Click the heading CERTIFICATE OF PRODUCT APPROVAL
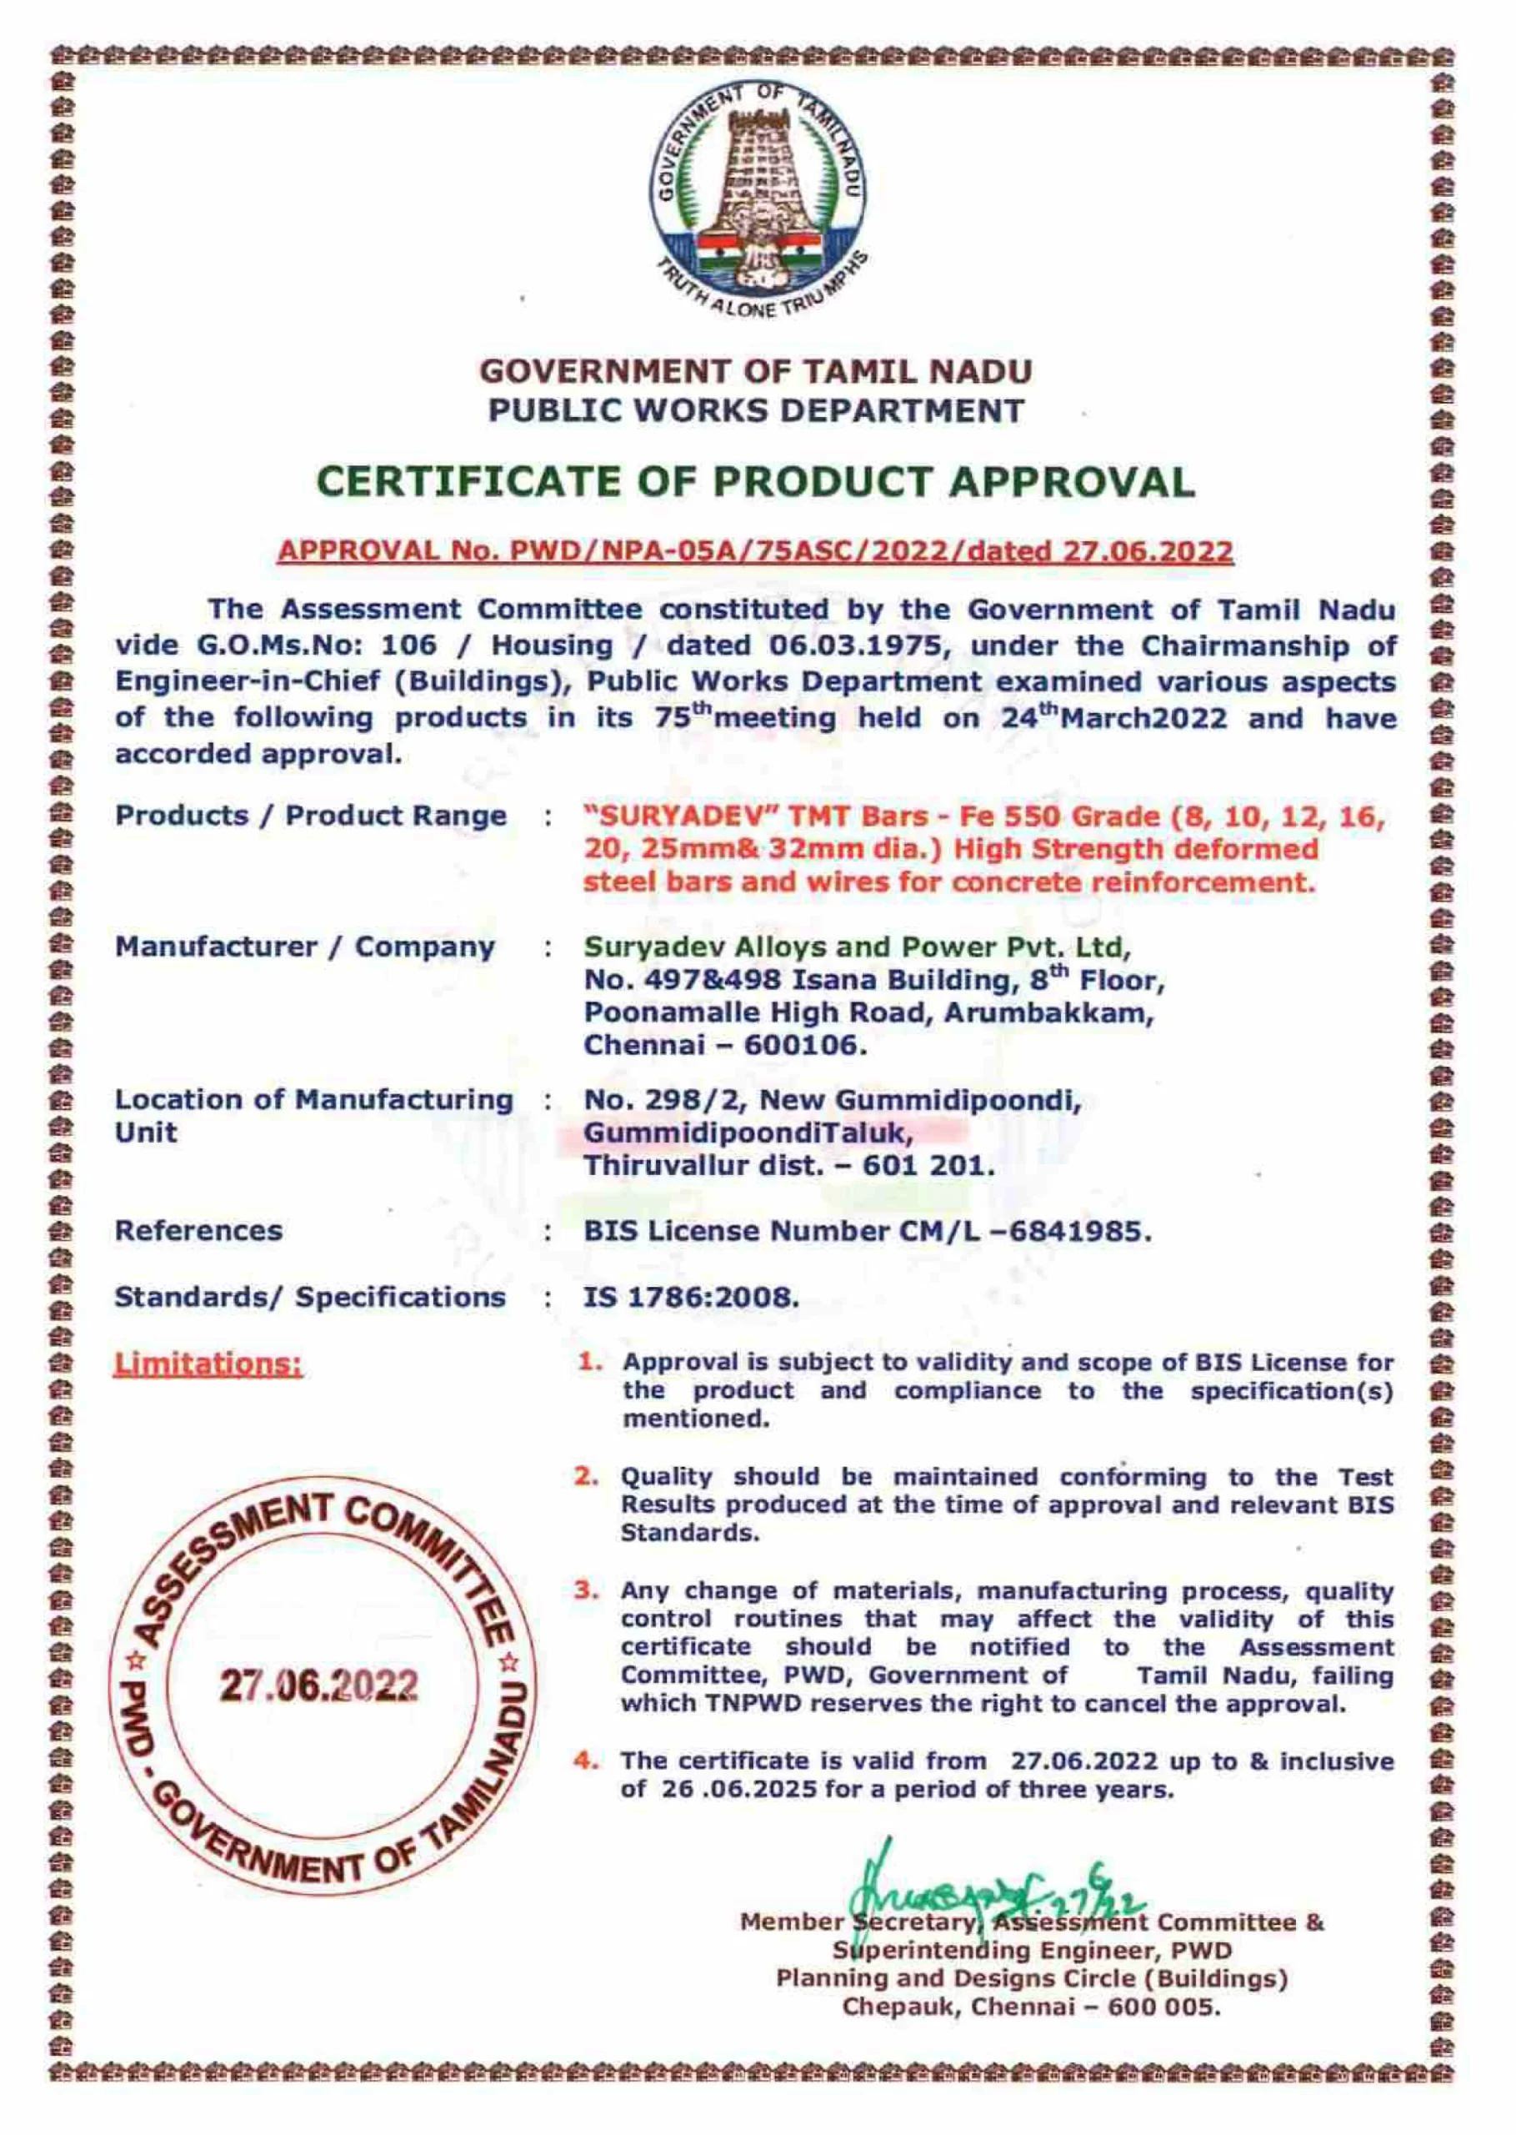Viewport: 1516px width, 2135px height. click(x=756, y=482)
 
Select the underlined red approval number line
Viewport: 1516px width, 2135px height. click(x=756, y=551)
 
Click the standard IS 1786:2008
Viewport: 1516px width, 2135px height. click(x=691, y=1297)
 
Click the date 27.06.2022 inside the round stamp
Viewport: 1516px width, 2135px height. click(x=319, y=1685)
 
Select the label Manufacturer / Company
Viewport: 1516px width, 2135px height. click(x=304, y=947)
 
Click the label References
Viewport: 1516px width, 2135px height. click(x=198, y=1231)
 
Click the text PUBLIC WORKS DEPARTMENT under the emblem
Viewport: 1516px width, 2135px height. click(x=756, y=410)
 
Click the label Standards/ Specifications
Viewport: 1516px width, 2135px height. click(x=310, y=1297)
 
